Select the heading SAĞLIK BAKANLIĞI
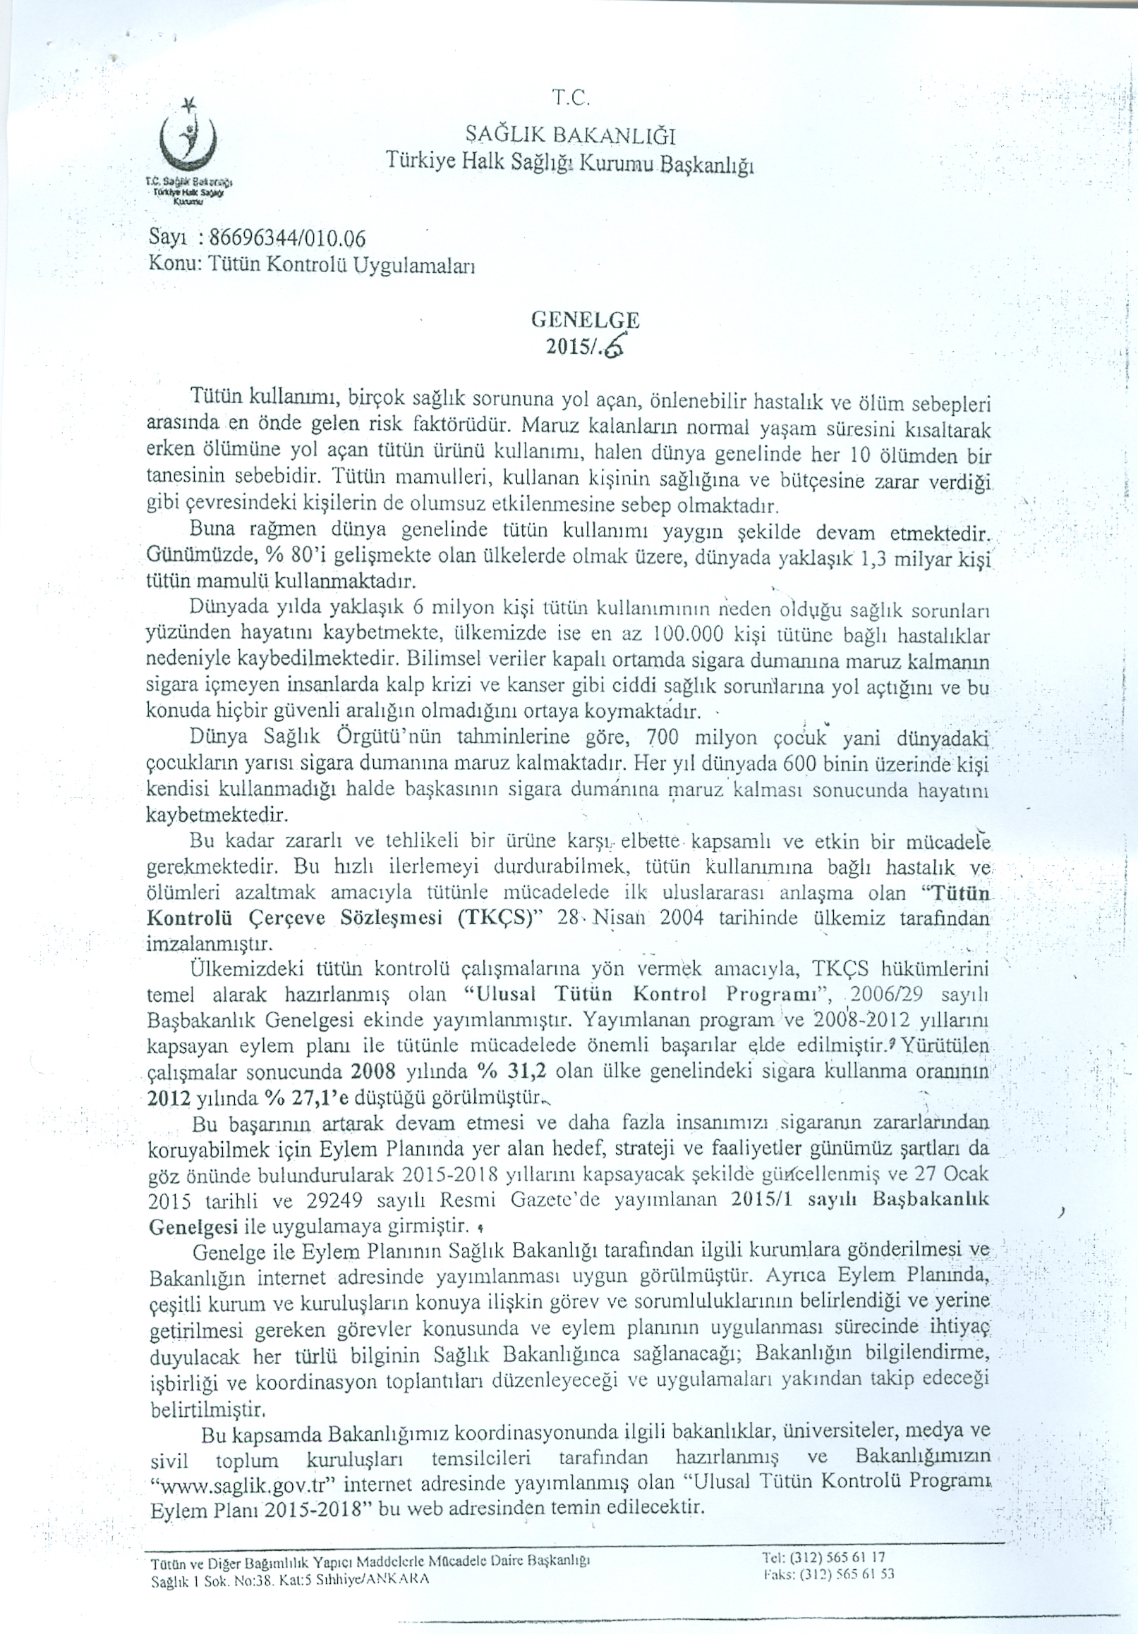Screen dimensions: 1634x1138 (x=571, y=134)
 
